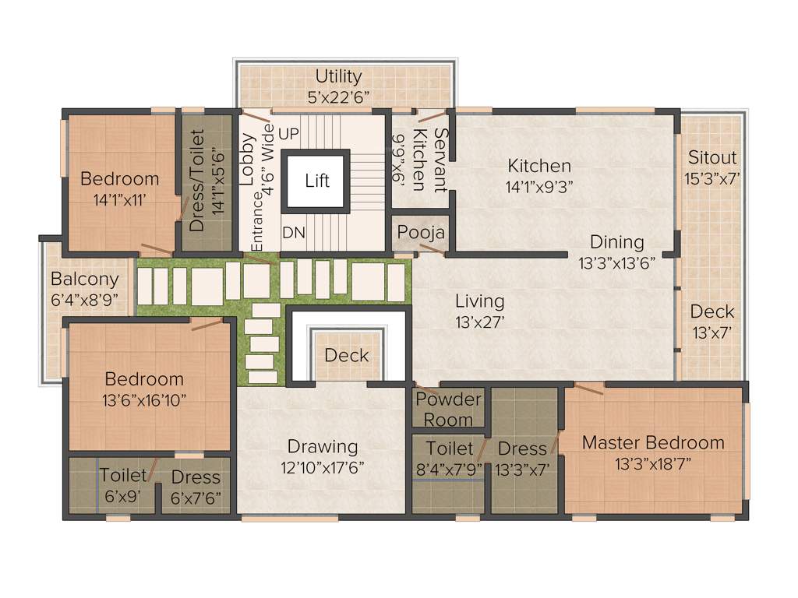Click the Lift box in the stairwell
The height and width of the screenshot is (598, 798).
click(317, 181)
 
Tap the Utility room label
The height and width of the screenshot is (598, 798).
click(338, 76)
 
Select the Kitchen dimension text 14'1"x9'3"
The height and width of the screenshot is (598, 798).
click(539, 187)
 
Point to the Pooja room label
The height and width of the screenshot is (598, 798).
click(421, 233)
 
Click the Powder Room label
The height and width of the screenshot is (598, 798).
click(448, 410)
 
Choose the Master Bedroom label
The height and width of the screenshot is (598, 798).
click(653, 442)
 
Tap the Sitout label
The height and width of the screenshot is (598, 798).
click(712, 158)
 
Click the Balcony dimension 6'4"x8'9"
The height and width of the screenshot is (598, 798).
click(85, 298)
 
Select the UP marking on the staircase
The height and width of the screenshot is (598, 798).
click(288, 134)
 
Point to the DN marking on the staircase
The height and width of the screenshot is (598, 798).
click(293, 232)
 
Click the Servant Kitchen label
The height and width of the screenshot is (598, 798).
click(429, 160)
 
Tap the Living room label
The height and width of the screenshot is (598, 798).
click(479, 301)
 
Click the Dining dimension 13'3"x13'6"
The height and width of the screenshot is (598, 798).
click(616, 262)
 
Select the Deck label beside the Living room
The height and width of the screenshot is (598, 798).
click(712, 311)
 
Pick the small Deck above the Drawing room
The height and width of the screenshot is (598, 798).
click(347, 356)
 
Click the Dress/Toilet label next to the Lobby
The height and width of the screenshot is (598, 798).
click(197, 180)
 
